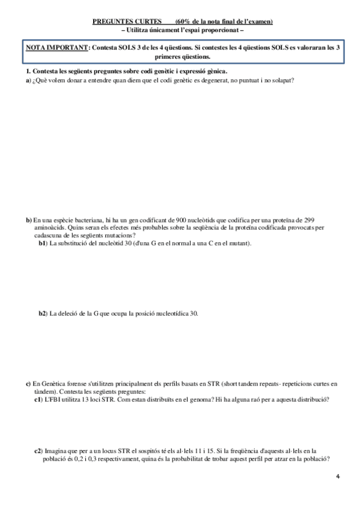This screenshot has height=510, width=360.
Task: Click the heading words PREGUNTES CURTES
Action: pyautogui.click(x=123, y=22)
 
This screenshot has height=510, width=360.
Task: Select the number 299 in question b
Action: pyautogui.click(x=309, y=220)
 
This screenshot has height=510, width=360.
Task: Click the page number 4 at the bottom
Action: pyautogui.click(x=338, y=476)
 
